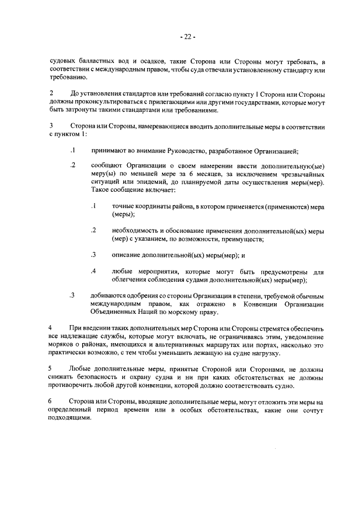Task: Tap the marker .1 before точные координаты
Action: (94, 206)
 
